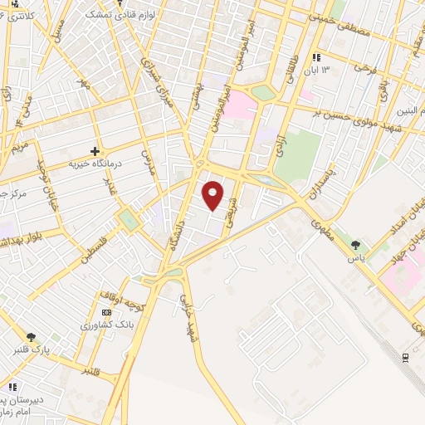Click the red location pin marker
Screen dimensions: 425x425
pyautogui.click(x=213, y=195)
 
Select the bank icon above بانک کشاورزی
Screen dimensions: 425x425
pyautogui.click(x=105, y=311)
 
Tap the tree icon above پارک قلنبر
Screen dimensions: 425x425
pyautogui.click(x=31, y=337)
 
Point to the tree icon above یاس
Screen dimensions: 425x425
pyautogui.click(x=355, y=244)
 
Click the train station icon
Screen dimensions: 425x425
pyautogui.click(x=405, y=356)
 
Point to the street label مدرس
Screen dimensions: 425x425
pyautogui.click(x=147, y=163)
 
